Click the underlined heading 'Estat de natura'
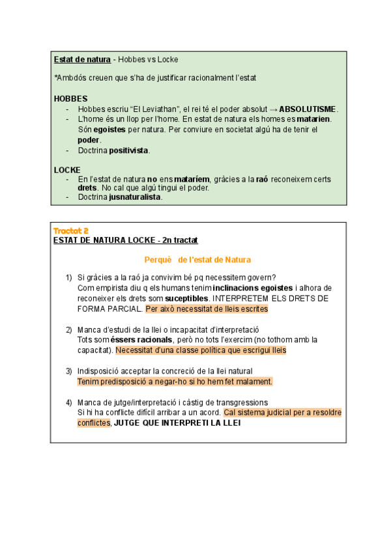point(82,60)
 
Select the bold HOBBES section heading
point(70,98)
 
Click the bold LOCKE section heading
point(67,169)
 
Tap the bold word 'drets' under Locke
point(87,188)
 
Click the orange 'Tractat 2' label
point(70,230)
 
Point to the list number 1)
point(68,278)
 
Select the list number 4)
point(68,402)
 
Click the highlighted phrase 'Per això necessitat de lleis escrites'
point(206,309)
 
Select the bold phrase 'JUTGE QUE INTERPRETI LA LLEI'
point(177,423)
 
